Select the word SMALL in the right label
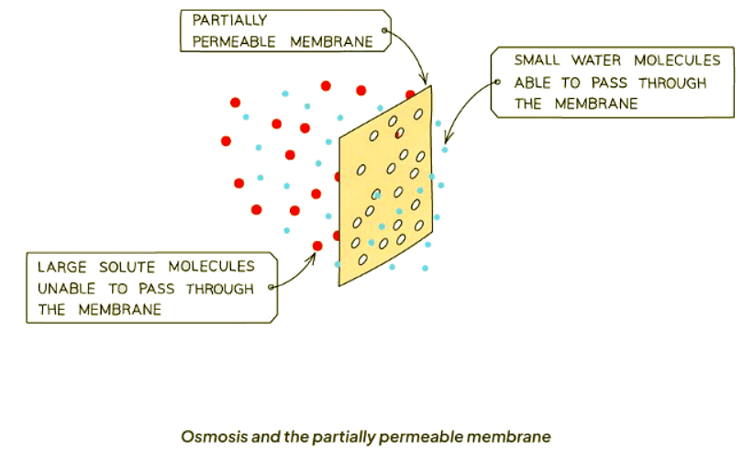point(535,61)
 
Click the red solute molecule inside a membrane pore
point(399,134)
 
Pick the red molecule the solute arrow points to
point(317,246)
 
